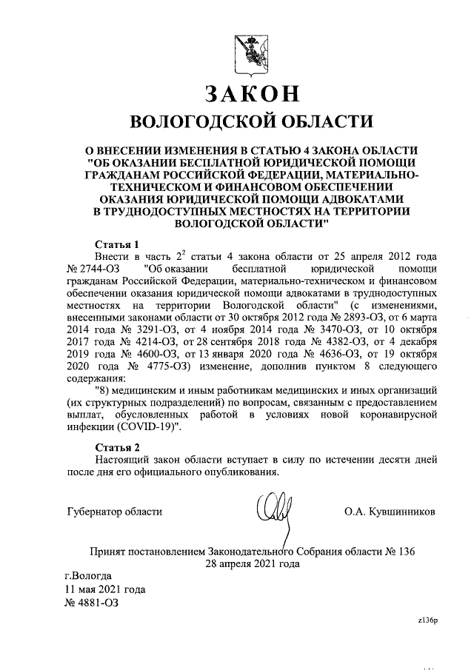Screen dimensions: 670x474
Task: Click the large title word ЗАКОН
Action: [253, 93]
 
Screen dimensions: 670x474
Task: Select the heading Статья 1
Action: [118, 244]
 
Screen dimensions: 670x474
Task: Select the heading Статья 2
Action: [118, 446]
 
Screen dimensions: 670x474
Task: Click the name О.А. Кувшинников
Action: [390, 512]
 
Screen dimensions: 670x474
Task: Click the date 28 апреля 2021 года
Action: [252, 563]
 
